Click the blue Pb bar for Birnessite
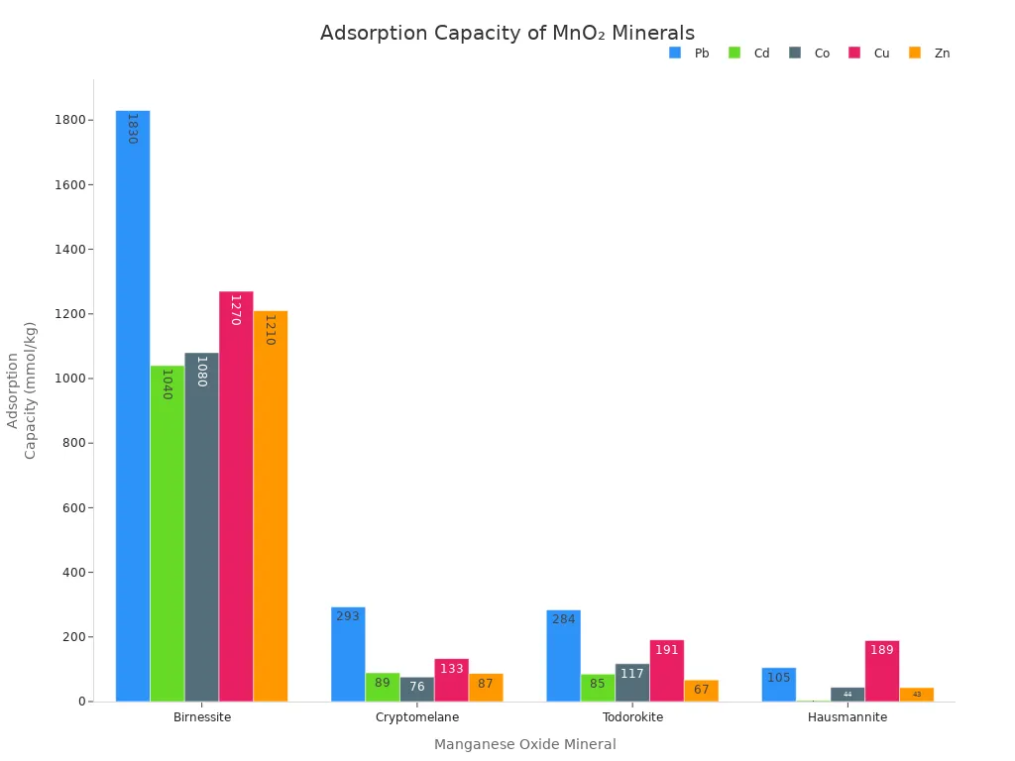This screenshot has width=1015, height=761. [x=133, y=406]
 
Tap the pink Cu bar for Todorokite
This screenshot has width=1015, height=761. [x=667, y=671]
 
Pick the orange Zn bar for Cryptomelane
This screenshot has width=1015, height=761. [x=486, y=688]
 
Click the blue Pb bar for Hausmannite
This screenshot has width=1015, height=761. [x=779, y=685]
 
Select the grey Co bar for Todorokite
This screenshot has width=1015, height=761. [x=632, y=683]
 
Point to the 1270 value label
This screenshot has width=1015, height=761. [x=235, y=310]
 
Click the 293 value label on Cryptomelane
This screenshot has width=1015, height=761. [x=348, y=616]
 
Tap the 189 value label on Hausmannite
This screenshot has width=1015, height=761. [x=882, y=650]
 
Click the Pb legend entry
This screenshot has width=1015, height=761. [x=690, y=54]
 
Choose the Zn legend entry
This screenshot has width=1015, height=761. [x=930, y=54]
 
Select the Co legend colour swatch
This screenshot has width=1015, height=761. [x=795, y=53]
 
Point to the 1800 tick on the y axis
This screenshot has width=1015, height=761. [x=71, y=120]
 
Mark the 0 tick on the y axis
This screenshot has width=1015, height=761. [x=83, y=702]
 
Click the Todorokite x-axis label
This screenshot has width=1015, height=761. [x=632, y=717]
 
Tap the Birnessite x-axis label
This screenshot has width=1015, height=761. [x=202, y=717]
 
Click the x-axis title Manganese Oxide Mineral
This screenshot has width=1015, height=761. [x=524, y=744]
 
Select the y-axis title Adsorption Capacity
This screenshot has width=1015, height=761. [x=22, y=390]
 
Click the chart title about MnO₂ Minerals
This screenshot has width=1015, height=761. [x=507, y=33]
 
